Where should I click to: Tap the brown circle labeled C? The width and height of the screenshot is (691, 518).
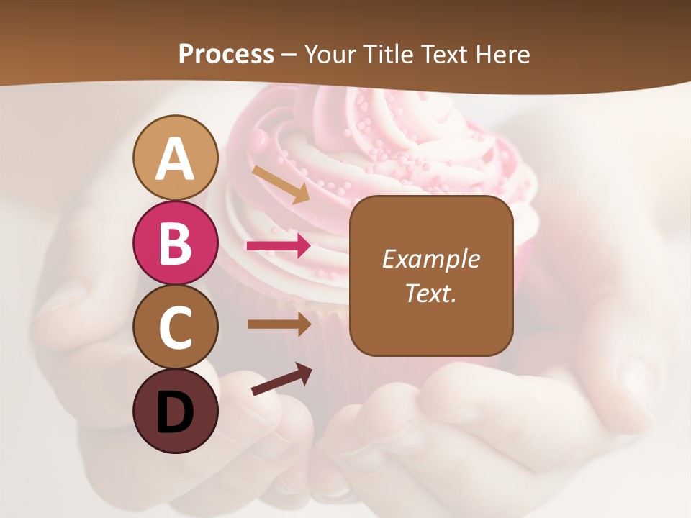click(175, 327)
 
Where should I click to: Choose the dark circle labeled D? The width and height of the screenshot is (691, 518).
click(175, 411)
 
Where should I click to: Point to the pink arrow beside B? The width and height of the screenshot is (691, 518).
click(279, 246)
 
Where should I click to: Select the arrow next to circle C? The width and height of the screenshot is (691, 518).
click(279, 324)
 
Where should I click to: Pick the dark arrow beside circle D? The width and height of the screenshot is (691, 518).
click(281, 379)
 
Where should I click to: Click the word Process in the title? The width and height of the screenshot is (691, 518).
click(226, 54)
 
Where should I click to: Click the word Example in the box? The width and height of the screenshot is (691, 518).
click(430, 259)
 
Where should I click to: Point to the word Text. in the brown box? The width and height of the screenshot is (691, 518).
click(430, 293)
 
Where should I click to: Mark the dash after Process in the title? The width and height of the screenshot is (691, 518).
click(289, 55)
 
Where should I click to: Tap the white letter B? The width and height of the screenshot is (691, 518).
click(175, 243)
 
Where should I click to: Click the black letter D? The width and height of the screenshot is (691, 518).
click(175, 412)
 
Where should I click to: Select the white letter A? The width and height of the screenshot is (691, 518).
click(175, 159)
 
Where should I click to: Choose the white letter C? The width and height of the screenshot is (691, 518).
click(175, 328)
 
